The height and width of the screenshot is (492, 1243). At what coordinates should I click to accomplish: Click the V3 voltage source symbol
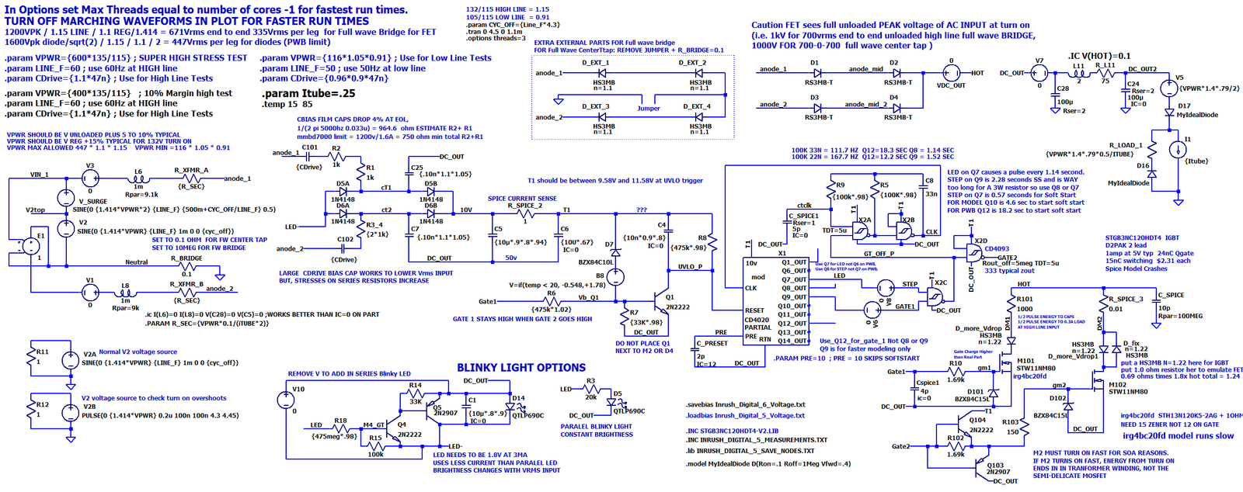[x=90, y=178]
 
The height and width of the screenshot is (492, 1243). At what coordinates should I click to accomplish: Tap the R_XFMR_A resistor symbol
[x=191, y=178]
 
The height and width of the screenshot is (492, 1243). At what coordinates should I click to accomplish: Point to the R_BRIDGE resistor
[x=186, y=266]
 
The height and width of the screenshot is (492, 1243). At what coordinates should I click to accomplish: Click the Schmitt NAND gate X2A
[x=862, y=230]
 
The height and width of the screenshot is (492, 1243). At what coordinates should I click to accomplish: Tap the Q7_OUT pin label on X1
[x=794, y=279]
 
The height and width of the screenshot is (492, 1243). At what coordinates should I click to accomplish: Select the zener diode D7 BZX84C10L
[x=615, y=253]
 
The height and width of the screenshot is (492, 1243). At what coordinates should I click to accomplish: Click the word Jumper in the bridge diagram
[x=648, y=109]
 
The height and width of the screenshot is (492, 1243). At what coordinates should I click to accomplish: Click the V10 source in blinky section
[x=285, y=400]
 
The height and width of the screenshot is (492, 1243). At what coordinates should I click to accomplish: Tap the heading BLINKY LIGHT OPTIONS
[x=521, y=368]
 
